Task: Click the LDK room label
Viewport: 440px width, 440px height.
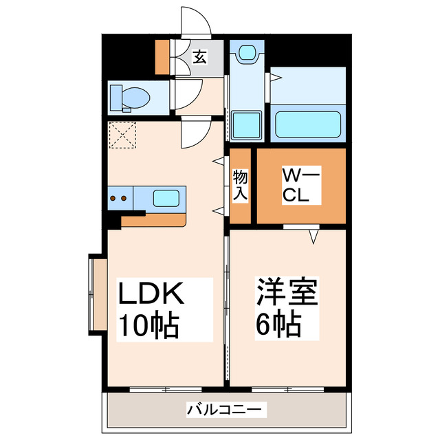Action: tap(152, 295)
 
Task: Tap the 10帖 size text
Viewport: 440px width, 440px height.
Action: tap(150, 323)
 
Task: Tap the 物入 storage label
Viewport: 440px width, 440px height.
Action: tap(240, 186)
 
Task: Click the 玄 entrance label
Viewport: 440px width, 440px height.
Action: tap(199, 58)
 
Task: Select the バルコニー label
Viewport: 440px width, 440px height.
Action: tap(224, 410)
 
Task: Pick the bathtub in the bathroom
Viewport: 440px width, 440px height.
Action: tap(308, 124)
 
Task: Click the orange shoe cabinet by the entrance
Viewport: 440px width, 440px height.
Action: tap(162, 58)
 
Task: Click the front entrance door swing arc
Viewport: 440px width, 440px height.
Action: tap(195, 22)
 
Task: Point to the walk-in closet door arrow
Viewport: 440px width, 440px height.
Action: tap(313, 236)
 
